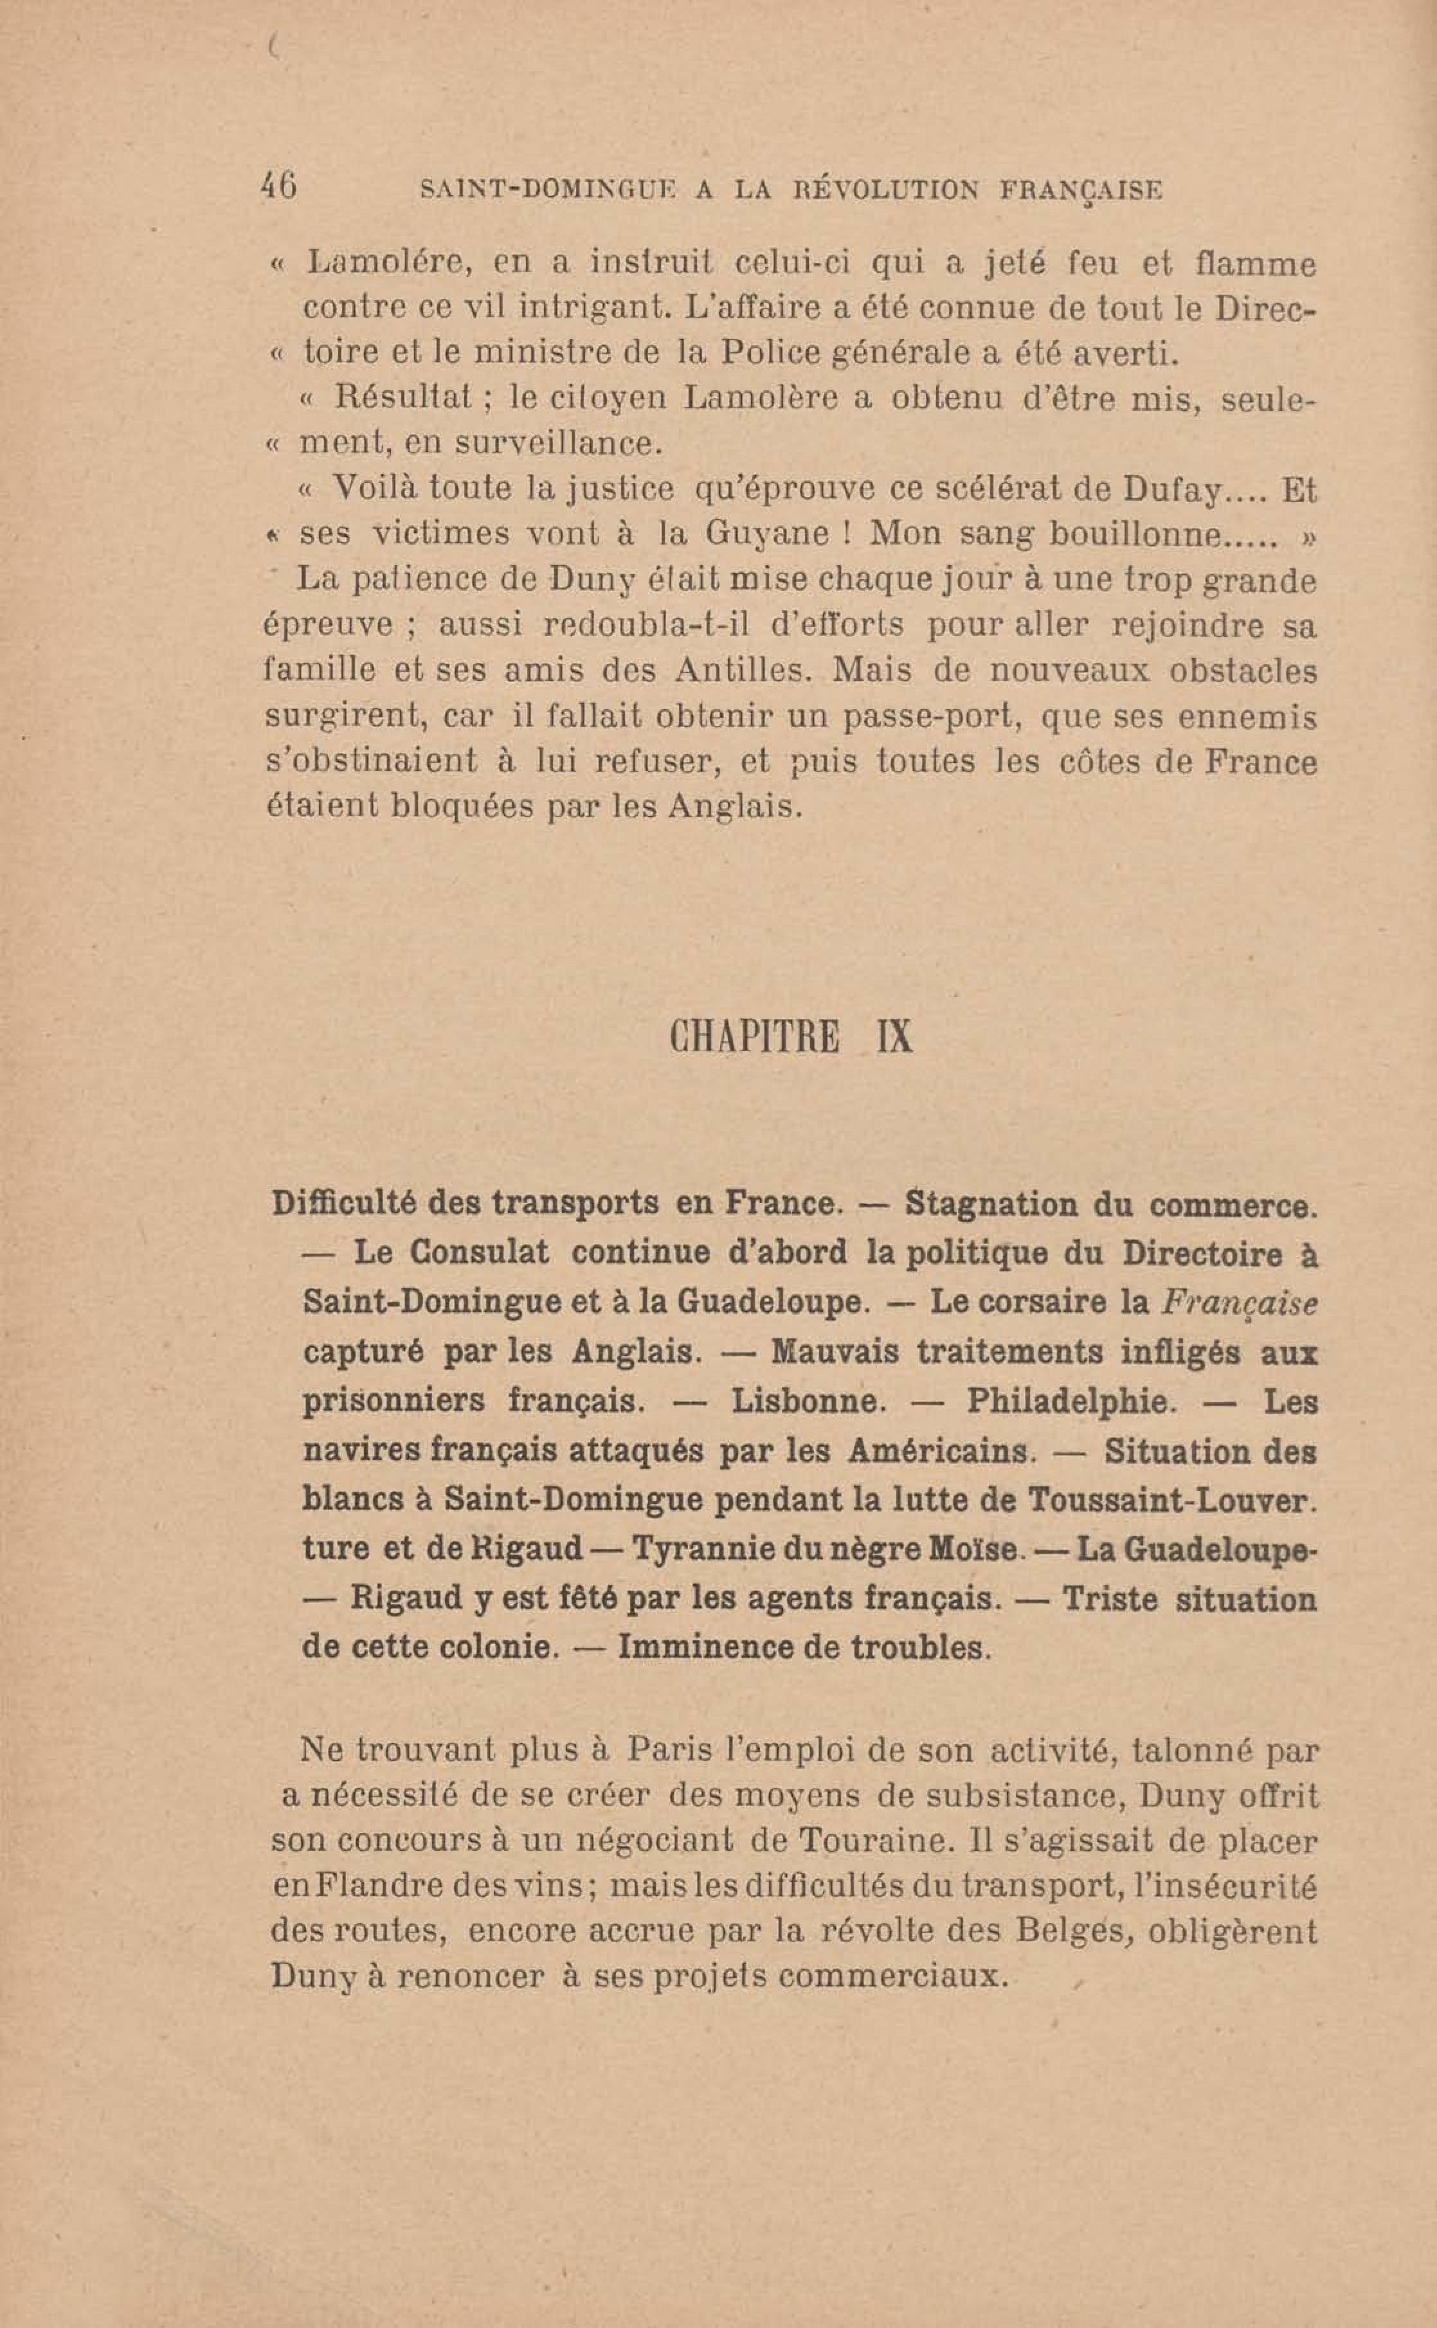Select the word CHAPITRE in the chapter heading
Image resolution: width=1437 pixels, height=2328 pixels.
[x=755, y=1038]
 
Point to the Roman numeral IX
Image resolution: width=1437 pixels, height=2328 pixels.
[x=894, y=1038]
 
